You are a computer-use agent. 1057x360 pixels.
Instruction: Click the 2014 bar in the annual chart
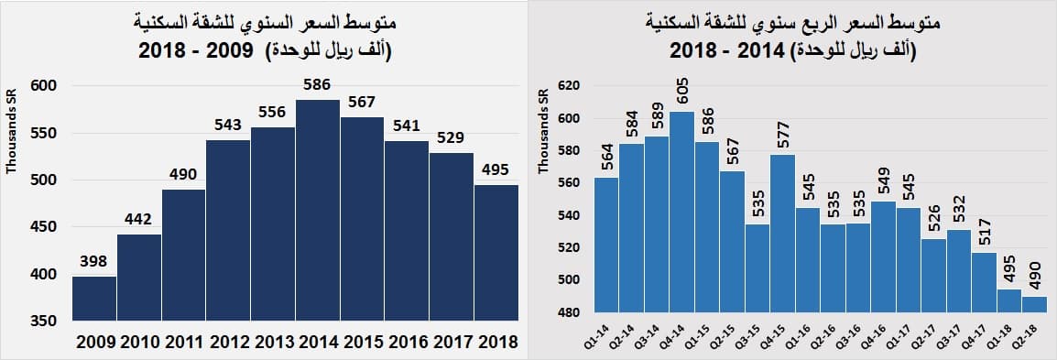click(x=318, y=211)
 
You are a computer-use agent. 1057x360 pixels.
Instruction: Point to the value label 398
click(x=94, y=262)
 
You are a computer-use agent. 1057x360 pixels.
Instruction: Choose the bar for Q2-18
click(x=1034, y=304)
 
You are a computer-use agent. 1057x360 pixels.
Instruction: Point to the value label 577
click(x=782, y=136)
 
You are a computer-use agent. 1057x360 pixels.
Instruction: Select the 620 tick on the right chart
click(x=570, y=86)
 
